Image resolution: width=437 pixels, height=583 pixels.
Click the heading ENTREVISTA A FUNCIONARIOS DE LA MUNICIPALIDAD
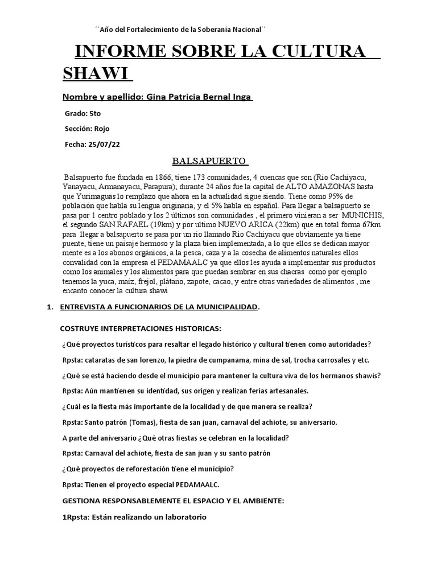[x=159, y=308]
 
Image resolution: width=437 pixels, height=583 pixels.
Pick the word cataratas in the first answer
[x=101, y=360]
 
